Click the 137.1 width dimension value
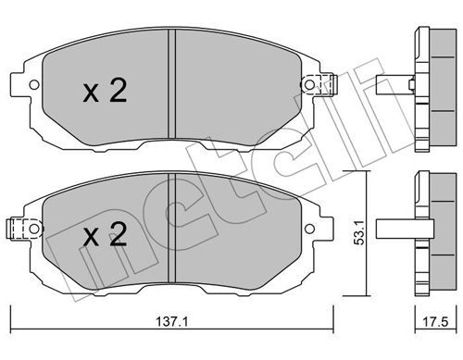click(172, 322)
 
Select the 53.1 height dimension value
click(359, 232)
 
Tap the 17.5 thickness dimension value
click(435, 322)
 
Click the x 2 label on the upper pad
click(105, 90)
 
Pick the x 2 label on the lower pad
click(105, 234)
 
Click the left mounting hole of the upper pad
click(34, 84)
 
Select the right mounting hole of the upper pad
click(309, 84)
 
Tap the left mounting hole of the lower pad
click(34, 229)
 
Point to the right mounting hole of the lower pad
click(309, 229)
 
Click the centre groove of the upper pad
click(171, 84)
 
